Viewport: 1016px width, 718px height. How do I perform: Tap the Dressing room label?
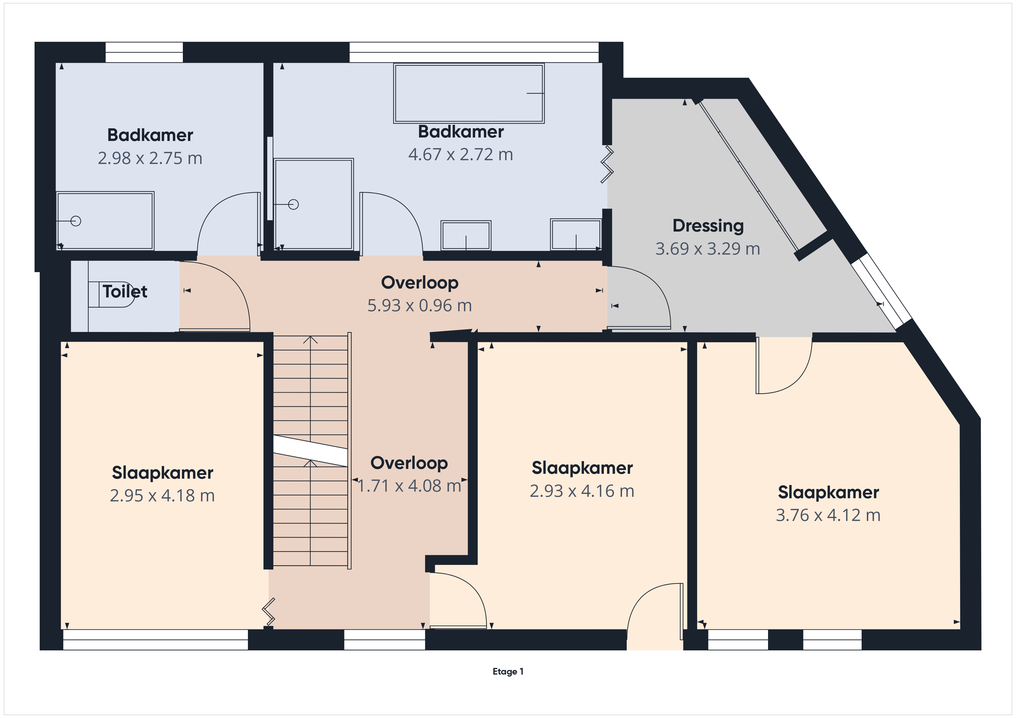pos(708,226)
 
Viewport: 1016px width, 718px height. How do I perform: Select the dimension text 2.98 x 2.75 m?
pos(150,158)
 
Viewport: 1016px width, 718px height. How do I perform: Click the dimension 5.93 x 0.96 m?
pos(420,305)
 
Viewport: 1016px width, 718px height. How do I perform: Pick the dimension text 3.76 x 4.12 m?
pos(828,515)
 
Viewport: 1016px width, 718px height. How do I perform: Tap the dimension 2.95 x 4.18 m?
pos(162,496)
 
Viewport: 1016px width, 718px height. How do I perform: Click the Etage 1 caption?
pos(508,672)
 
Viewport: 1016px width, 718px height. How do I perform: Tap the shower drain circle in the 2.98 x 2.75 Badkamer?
pos(76,221)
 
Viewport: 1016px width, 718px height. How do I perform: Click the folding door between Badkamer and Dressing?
pos(607,165)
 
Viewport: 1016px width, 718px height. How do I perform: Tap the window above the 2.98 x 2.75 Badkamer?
pos(144,52)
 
